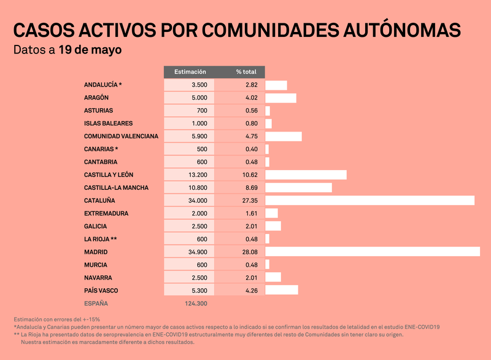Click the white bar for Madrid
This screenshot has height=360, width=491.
373,251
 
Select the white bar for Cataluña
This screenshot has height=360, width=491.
369,200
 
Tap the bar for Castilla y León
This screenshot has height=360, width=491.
306,174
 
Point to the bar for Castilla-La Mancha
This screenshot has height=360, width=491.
298,187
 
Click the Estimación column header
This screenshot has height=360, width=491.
190,72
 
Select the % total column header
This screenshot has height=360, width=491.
245,72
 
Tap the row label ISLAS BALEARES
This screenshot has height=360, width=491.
108,123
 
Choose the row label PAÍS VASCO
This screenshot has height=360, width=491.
101,290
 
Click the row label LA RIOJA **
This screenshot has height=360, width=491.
101,239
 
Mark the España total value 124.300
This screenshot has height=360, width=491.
196,303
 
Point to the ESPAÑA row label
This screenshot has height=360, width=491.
96,303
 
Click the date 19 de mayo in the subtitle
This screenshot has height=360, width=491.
90,49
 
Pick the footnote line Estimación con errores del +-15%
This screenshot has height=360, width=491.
56,319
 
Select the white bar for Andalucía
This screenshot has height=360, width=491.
276,85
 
